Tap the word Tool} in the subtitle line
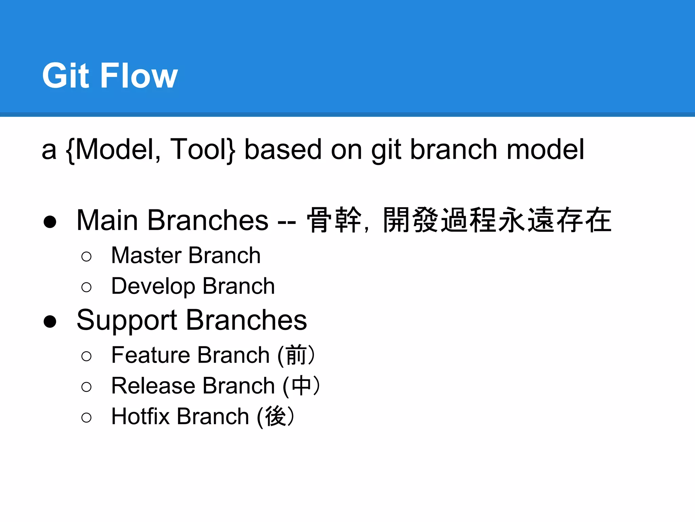point(202,150)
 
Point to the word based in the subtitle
point(283,150)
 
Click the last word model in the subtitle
point(545,150)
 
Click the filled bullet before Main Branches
point(50,222)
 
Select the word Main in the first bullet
point(107,220)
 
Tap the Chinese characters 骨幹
point(334,220)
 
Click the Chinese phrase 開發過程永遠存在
point(497,220)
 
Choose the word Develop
point(153,286)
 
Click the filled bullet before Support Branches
point(50,321)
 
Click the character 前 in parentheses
point(296,355)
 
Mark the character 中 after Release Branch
point(301,386)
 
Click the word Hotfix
point(140,416)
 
